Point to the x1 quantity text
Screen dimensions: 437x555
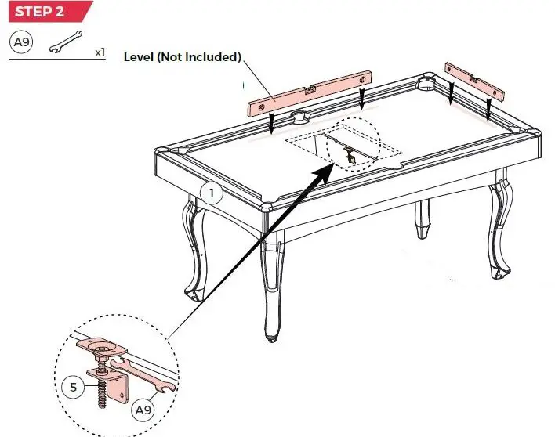tap(100, 52)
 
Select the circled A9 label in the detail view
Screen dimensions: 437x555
tap(142, 410)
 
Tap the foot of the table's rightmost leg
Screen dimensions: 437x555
tap(496, 272)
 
